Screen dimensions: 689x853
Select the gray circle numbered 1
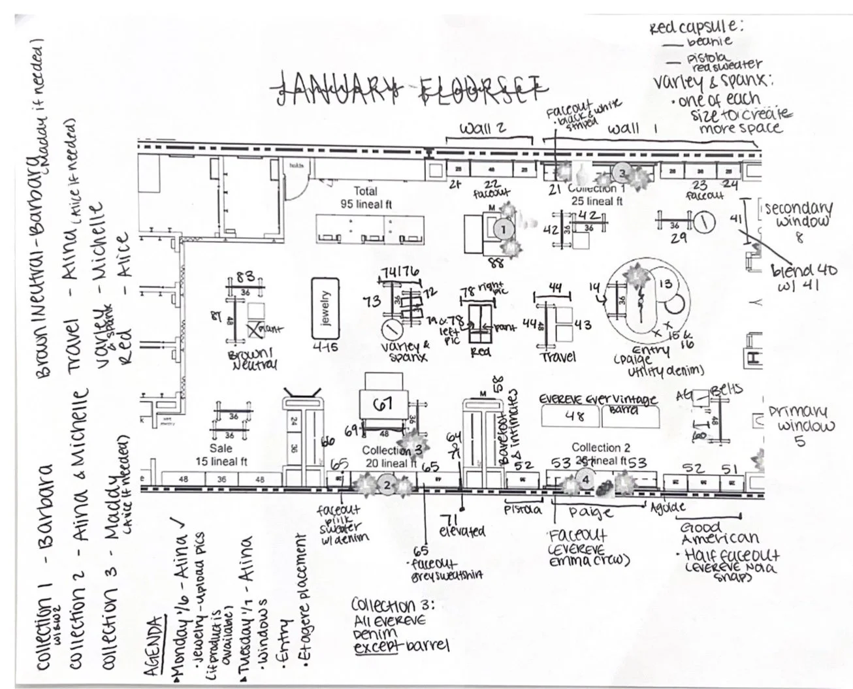click(x=504, y=229)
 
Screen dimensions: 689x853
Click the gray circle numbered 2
click(x=387, y=485)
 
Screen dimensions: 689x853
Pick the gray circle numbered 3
click(x=623, y=173)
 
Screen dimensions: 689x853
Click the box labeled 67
click(x=382, y=404)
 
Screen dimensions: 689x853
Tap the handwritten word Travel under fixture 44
click(x=558, y=357)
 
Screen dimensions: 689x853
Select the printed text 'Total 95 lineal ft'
click(x=365, y=197)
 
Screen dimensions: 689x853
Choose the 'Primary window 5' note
click(x=801, y=425)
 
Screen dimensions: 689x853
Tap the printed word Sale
click(x=221, y=449)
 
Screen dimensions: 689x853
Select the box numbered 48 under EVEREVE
click(x=573, y=415)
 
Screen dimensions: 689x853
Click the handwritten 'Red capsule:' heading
click(x=697, y=27)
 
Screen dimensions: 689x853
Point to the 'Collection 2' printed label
click(x=601, y=447)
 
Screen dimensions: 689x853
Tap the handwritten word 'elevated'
click(x=462, y=531)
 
